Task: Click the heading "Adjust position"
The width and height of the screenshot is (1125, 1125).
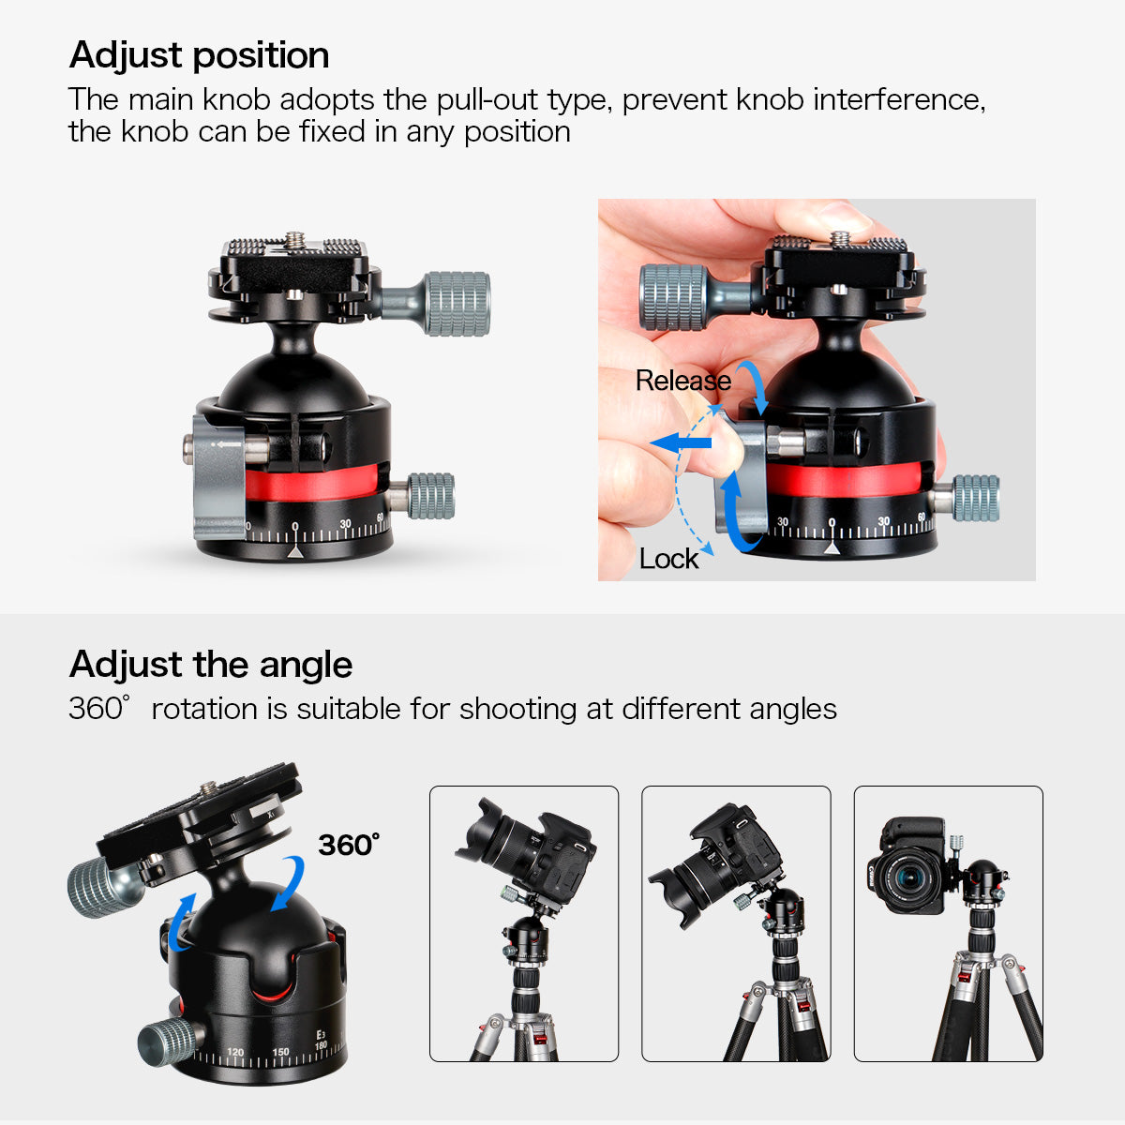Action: (x=199, y=56)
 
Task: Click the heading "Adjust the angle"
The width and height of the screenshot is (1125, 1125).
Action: (x=211, y=666)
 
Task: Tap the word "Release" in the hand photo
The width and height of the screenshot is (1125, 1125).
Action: (x=683, y=381)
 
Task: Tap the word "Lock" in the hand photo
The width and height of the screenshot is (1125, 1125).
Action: (x=668, y=559)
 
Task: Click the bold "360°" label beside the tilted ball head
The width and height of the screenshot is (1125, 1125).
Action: (x=349, y=845)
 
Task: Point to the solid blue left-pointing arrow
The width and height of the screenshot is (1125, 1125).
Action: (x=681, y=442)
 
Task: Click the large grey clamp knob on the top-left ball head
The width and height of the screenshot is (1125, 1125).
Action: (x=457, y=304)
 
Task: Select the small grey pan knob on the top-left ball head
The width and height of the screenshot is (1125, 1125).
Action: (x=431, y=496)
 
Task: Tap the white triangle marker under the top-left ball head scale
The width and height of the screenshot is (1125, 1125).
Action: (x=295, y=551)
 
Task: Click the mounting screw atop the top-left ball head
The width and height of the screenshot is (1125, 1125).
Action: (x=294, y=240)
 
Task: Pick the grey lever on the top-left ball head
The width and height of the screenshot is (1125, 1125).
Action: (x=219, y=476)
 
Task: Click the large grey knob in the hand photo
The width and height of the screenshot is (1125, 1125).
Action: (x=673, y=297)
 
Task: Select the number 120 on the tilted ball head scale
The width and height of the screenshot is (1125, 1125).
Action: (x=235, y=1052)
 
